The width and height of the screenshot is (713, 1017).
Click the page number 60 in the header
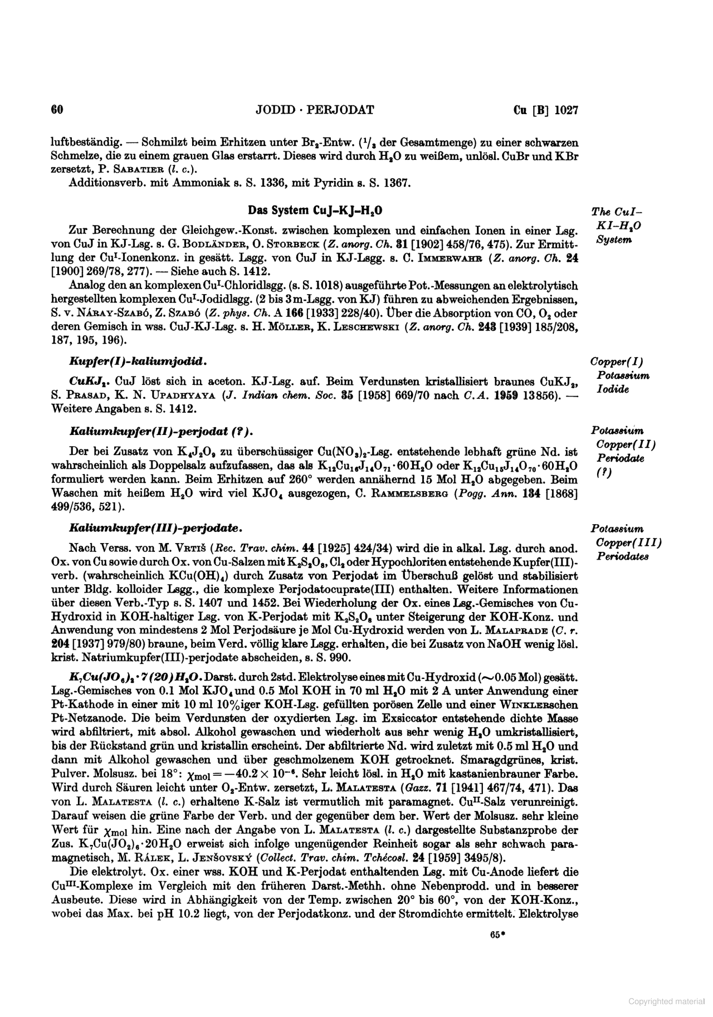tap(57, 110)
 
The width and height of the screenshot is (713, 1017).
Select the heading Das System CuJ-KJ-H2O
tap(315, 211)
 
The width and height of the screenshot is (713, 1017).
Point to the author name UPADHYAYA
tap(179, 396)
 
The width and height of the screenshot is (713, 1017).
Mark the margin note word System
tap(613, 240)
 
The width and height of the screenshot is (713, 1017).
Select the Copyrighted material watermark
tap(666, 1001)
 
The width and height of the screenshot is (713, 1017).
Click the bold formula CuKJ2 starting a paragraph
tap(85, 382)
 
